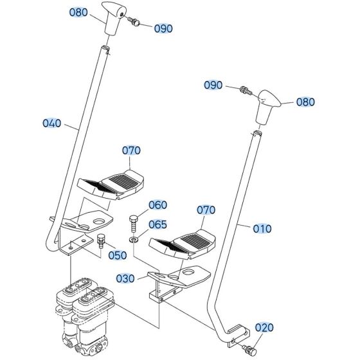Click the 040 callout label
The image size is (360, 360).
point(53,123)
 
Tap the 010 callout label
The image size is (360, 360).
point(262,228)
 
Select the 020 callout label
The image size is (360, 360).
point(264,328)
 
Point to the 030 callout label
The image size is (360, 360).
point(125,278)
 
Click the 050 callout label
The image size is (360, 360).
point(117,255)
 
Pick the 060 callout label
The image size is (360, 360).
point(157,206)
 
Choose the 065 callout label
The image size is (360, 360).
point(157,225)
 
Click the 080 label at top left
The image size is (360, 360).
point(78,12)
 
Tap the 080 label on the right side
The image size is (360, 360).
point(305,102)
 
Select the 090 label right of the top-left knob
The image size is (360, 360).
point(163,28)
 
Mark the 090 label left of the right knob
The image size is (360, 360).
point(213,85)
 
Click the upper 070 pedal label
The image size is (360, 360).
point(131,151)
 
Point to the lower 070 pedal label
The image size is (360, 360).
point(206,210)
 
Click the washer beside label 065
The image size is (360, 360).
point(133,240)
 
